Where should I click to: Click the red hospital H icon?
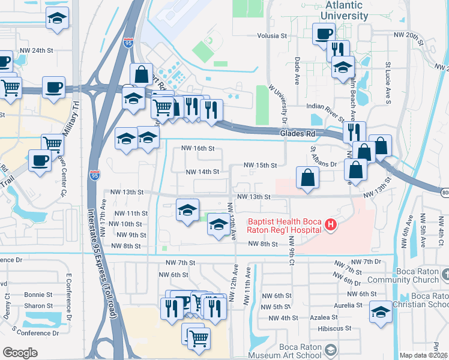tap(330, 225)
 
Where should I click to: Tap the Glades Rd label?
tap(294, 134)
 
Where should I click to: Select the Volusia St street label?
tap(272, 35)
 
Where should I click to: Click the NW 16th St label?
tap(198, 149)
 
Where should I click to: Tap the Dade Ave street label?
tap(297, 66)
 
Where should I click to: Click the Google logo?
tap(20, 353)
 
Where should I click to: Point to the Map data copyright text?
tap(423, 355)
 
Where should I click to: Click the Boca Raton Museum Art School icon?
tap(330, 349)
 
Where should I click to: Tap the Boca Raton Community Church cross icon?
tap(445, 274)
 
